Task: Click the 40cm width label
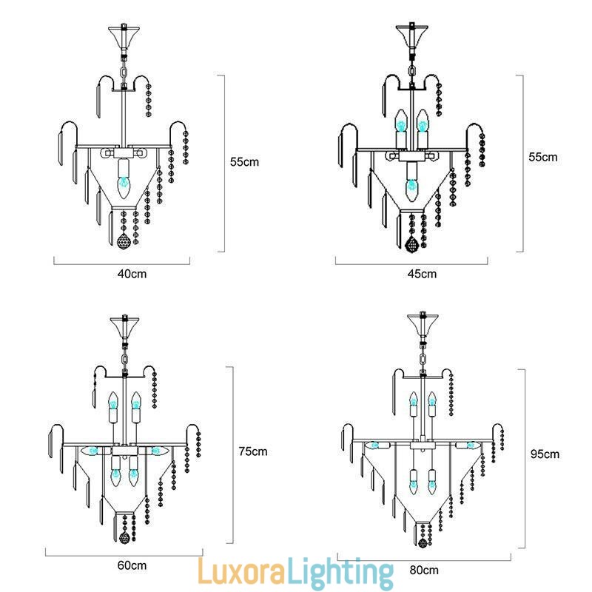point(132,273)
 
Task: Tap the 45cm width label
point(422,274)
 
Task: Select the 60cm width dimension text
point(132,565)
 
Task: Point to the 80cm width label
point(424,570)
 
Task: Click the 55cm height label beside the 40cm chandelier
point(244,162)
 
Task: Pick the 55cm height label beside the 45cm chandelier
point(544,158)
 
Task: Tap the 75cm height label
point(253,451)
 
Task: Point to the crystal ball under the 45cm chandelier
point(412,242)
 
